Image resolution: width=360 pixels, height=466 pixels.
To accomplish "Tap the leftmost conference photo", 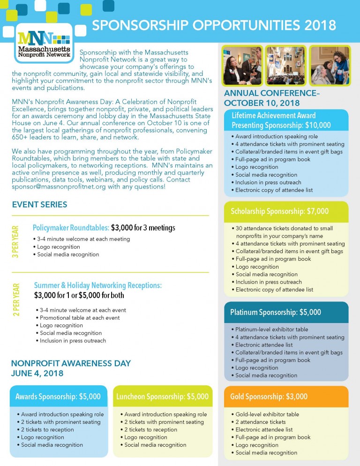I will click(242, 65).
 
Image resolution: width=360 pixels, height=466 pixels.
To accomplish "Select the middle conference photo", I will click(285, 65).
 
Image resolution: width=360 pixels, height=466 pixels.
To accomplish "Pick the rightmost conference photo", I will click(329, 65).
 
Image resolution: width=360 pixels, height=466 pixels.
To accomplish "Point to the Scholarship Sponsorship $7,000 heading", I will click(279, 211).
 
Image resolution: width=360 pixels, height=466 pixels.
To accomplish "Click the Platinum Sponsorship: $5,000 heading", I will click(275, 312).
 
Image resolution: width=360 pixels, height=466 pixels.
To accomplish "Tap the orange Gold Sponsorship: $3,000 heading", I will click(269, 397).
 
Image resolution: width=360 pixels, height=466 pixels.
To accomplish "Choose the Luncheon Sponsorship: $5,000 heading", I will click(162, 397).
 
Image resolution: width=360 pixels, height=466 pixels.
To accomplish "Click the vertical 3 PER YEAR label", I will click(15, 241).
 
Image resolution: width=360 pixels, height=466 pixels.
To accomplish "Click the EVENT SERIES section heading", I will click(39, 204).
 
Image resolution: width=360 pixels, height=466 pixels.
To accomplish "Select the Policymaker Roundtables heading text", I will click(71, 228).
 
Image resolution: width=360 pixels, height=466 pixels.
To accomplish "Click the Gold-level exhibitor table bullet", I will click(267, 414).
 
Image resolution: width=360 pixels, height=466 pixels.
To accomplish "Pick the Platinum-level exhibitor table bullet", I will click(271, 330).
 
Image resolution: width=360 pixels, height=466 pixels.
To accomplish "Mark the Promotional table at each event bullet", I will click(80, 318).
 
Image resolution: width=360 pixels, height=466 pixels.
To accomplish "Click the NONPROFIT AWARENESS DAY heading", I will click(71, 363).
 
